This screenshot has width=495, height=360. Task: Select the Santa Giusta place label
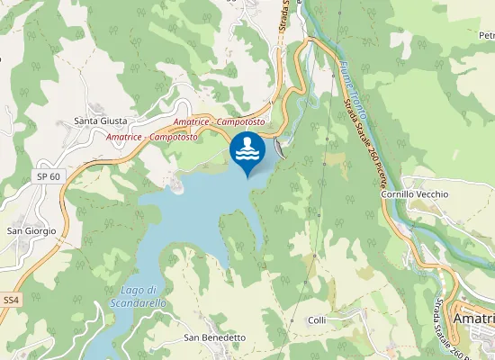[x=101, y=121]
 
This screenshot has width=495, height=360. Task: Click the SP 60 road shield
[x=49, y=176]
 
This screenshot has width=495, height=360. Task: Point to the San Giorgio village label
[x=31, y=230]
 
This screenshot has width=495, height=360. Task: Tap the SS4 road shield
[x=11, y=299]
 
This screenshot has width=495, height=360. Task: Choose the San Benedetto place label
[x=214, y=337]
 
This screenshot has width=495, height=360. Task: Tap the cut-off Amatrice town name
[x=473, y=319]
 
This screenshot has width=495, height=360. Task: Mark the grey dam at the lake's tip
[x=282, y=147]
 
